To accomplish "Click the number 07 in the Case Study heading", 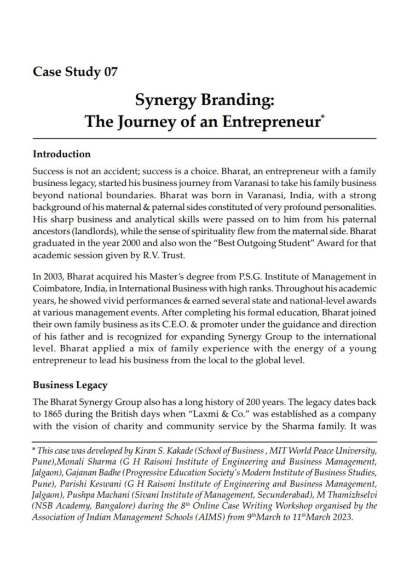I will (x=109, y=72).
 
